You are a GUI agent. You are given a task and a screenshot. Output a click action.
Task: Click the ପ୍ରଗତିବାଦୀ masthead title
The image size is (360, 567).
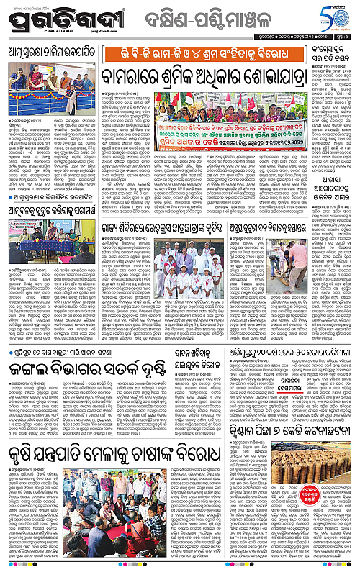(54, 19)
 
